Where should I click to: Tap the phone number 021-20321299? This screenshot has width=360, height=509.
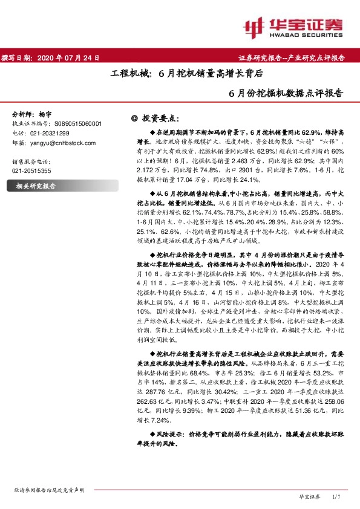tap(48, 133)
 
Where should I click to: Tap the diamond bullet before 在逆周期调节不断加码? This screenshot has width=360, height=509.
tap(152, 132)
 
